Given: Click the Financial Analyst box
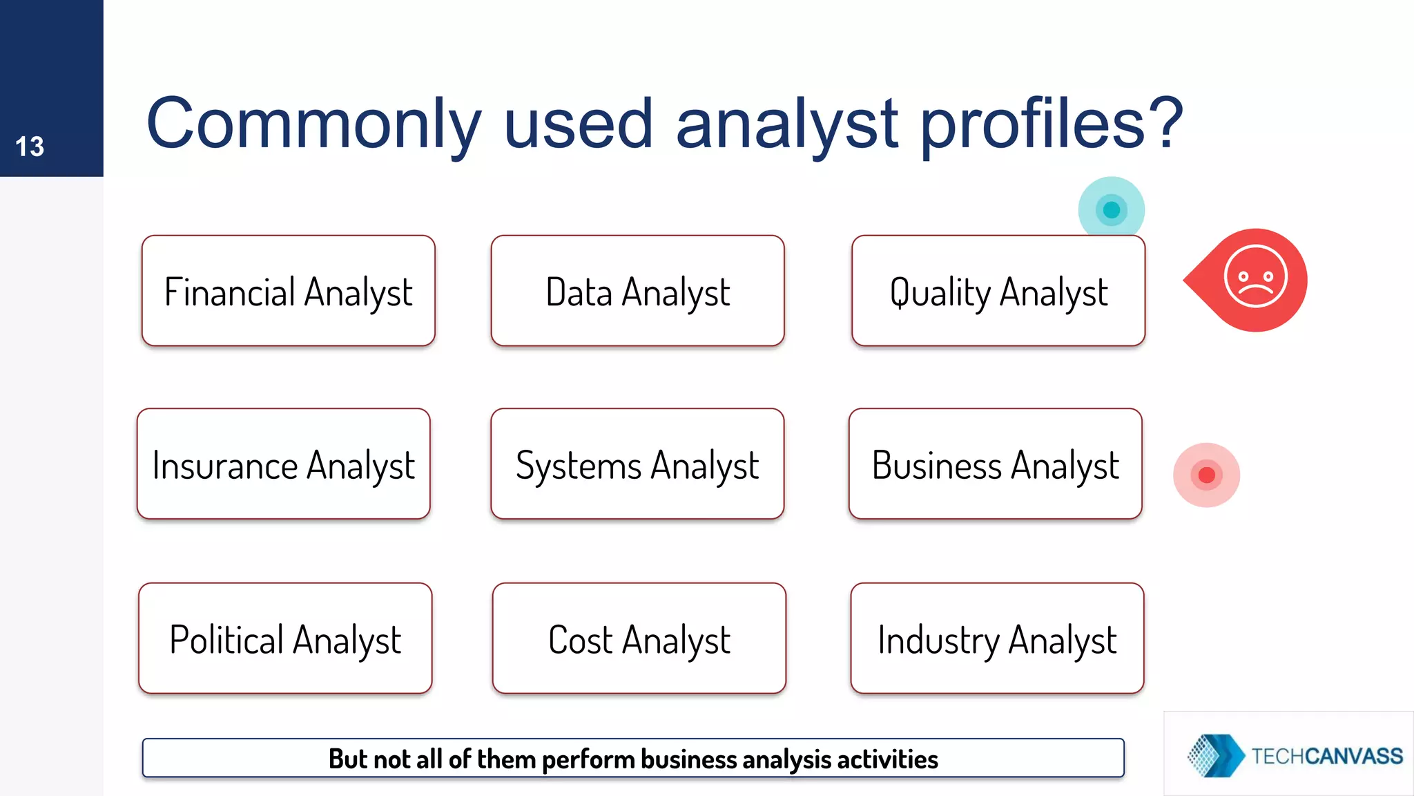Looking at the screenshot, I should click(288, 291).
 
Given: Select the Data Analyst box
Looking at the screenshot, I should click(637, 291).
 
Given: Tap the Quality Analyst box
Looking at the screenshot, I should click(998, 291).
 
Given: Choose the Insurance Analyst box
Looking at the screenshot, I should click(283, 464).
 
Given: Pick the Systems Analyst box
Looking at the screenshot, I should click(637, 464).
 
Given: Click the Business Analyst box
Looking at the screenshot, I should click(995, 464).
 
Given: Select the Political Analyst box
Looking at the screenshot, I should click(285, 638).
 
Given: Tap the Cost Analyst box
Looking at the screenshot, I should click(639, 638).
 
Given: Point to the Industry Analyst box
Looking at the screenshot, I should click(997, 638).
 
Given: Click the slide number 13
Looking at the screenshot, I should click(30, 146).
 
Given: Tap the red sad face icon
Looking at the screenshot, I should click(1255, 278).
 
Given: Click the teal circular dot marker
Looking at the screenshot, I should click(1112, 209).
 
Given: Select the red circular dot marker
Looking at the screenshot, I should click(1206, 475).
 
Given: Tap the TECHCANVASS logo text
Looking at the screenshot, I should click(1327, 756).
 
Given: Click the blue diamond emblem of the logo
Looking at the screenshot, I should click(1214, 755).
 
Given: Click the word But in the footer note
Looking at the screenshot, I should click(347, 759).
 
